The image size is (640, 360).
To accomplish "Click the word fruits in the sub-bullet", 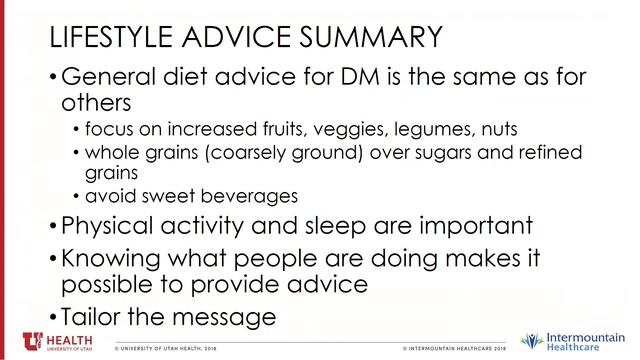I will point(267,130).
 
